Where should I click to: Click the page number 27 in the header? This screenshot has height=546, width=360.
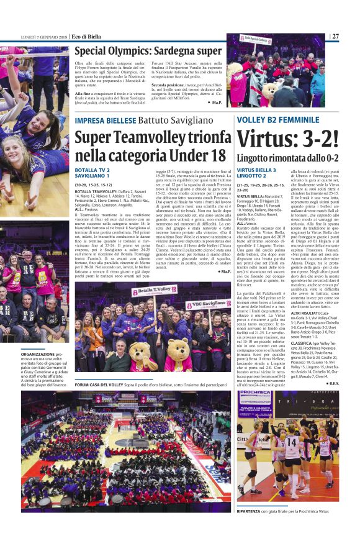(335, 36)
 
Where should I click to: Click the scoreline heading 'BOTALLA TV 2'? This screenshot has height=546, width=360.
(92, 170)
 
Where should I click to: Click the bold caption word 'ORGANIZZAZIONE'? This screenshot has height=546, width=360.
(37, 353)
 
